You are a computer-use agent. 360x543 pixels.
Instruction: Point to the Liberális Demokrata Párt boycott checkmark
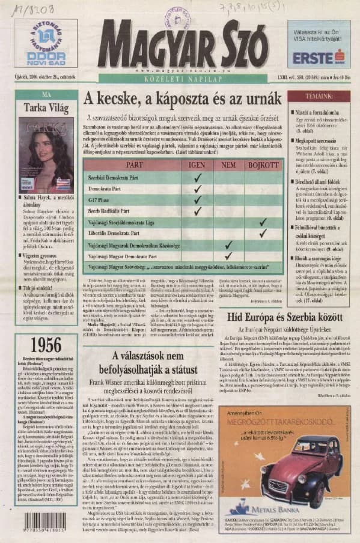[262, 233]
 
